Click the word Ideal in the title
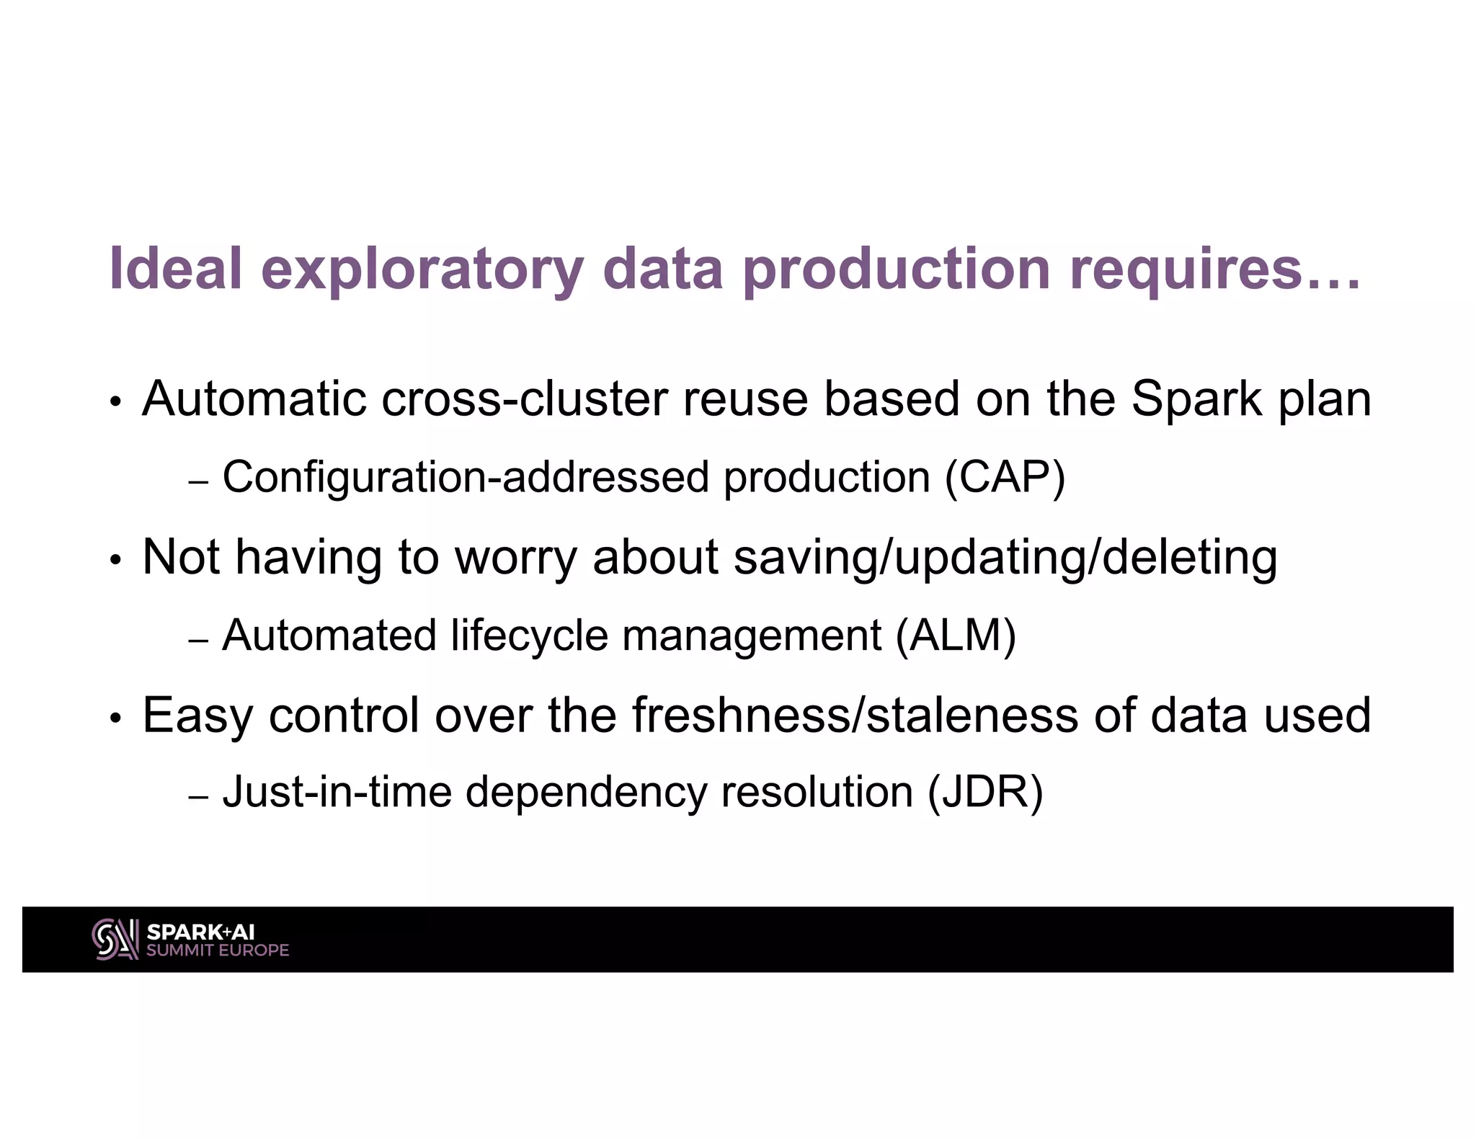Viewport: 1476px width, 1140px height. pyautogui.click(x=175, y=268)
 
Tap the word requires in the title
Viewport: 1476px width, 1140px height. pyautogui.click(x=1186, y=268)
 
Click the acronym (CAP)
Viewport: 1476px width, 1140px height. pyautogui.click(x=1004, y=477)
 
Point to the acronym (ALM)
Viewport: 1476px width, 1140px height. pyautogui.click(x=955, y=635)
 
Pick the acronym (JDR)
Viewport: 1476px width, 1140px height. pyautogui.click(x=985, y=792)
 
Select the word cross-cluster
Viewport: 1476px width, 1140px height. pyautogui.click(x=524, y=398)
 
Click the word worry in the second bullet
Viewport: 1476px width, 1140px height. pyautogui.click(x=515, y=557)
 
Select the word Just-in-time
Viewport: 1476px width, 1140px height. pyautogui.click(x=337, y=792)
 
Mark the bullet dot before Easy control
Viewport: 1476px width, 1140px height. pyautogui.click(x=115, y=719)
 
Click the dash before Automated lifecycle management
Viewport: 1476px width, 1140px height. pyautogui.click(x=197, y=640)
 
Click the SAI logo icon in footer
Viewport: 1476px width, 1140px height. pyautogui.click(x=115, y=939)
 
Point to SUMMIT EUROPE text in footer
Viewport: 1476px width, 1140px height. pyautogui.click(x=218, y=950)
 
